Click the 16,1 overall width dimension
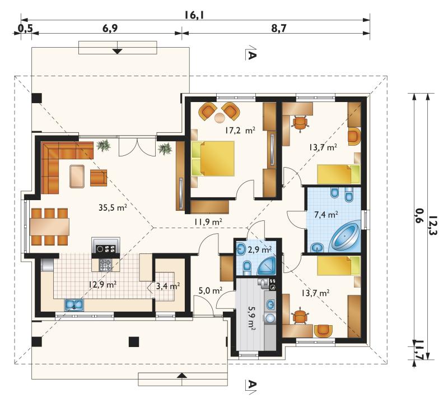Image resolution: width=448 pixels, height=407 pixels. pos(194,15)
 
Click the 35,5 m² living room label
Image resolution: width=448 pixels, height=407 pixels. pos(113,207)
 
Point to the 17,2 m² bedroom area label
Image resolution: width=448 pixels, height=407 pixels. pos(240,131)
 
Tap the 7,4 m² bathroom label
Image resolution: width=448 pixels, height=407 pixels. pos(326,214)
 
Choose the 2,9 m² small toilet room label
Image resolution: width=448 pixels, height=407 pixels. pos(259,249)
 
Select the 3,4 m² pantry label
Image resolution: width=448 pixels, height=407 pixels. pos(168,285)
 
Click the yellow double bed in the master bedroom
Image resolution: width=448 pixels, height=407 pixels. pos(213,159)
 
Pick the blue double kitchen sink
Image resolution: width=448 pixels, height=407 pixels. pos(74,305)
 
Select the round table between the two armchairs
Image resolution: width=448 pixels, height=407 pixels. pos(220,118)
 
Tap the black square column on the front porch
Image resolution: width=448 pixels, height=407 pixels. pos(134,342)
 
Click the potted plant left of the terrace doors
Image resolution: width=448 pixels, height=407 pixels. pos(104,145)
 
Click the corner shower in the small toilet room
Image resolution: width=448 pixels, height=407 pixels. pos(267,266)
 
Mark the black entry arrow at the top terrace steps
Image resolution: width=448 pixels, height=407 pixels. pos(117,51)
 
